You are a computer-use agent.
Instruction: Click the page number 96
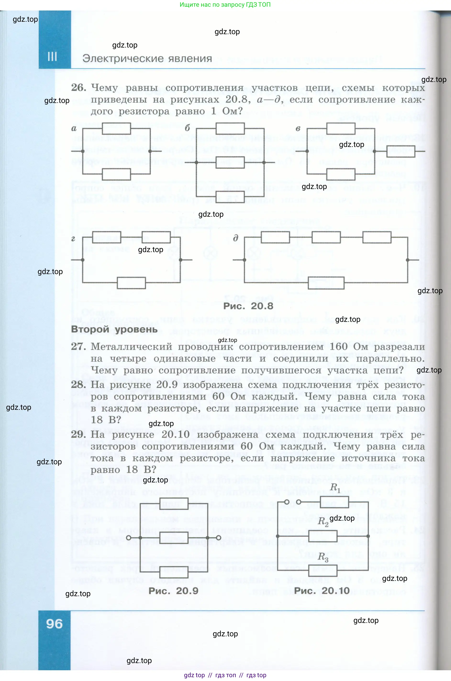coord(54,624)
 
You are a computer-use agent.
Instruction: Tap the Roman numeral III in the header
coord(52,57)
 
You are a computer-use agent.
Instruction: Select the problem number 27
coord(78,347)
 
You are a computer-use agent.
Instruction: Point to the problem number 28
coord(78,385)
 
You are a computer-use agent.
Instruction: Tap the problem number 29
coord(78,434)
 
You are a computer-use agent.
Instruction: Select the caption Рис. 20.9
coord(173,591)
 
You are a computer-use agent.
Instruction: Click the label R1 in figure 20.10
coord(335,487)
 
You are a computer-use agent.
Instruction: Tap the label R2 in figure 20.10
coord(323,522)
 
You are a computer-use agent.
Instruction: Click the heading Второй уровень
coord(114,330)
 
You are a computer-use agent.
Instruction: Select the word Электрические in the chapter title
coord(121,59)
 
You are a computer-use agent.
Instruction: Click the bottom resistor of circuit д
coord(326,283)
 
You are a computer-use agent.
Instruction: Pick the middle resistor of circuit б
coord(230,162)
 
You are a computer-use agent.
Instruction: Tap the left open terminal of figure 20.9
coord(128,538)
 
